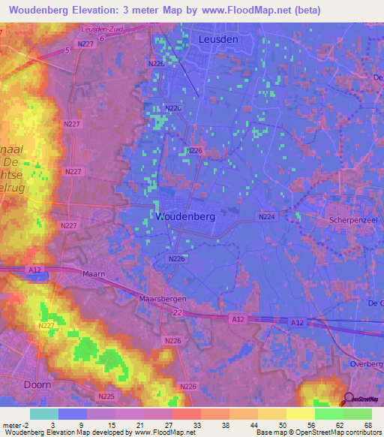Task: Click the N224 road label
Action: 267,216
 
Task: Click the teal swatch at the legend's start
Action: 43,414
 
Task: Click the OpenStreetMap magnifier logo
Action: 348,399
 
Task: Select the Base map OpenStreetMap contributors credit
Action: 318,432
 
